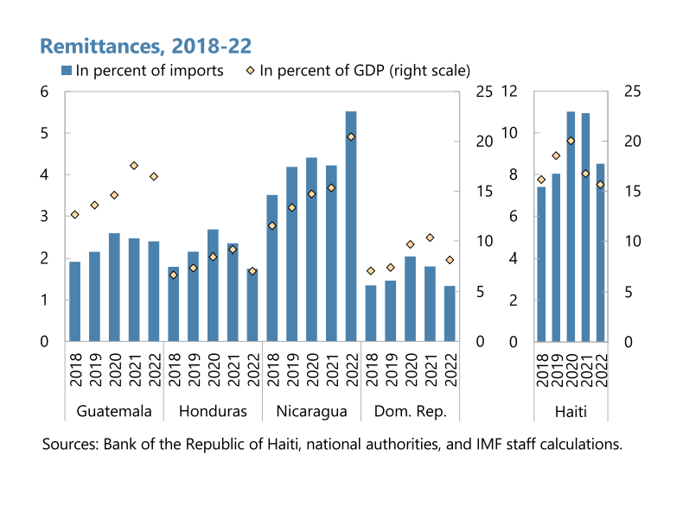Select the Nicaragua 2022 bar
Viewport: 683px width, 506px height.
coord(351,226)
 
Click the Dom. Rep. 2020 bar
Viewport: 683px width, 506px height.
coord(410,299)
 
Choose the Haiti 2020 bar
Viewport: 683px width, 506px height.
coord(571,226)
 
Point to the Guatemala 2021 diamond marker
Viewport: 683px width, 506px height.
coord(134,166)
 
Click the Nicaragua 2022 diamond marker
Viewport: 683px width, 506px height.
coord(351,136)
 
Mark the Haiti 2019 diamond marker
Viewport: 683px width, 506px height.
coord(556,155)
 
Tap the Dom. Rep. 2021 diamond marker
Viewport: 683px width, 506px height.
coord(430,237)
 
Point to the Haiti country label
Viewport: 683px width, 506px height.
coord(571,411)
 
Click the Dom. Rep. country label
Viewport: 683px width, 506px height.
coord(410,411)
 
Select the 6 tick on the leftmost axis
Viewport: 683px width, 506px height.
coord(45,92)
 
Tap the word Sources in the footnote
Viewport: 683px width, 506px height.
coord(69,446)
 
